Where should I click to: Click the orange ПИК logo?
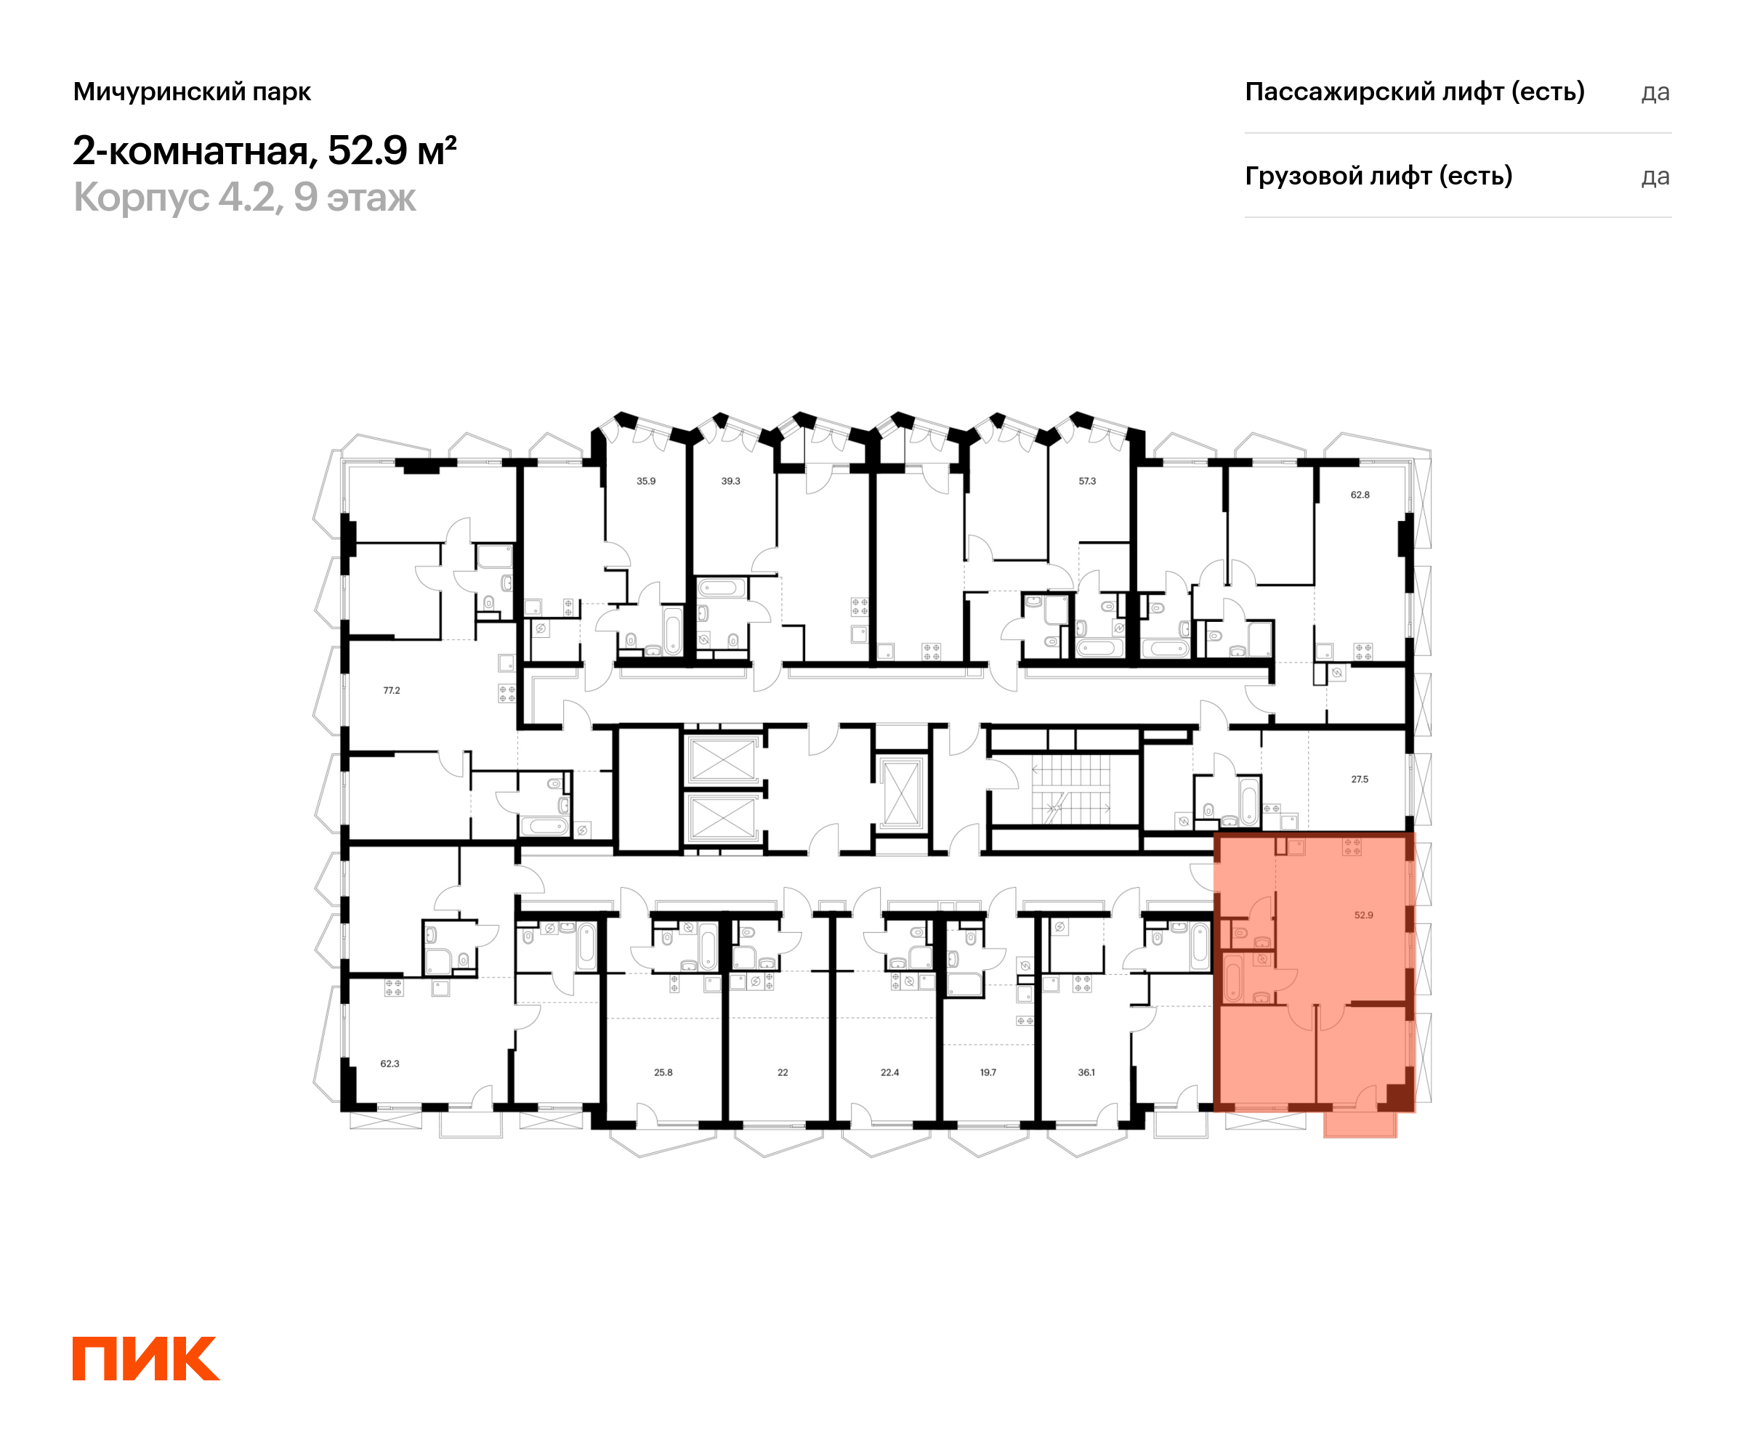coord(146,1359)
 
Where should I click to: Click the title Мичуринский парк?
coord(192,92)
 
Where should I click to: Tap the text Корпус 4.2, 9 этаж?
coord(244,198)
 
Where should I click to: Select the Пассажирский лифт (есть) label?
coord(1414,92)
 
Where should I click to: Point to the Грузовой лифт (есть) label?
coord(1378,176)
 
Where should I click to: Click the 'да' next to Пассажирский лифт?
coord(1655,93)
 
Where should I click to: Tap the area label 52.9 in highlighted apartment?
coord(1364,915)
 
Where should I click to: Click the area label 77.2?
coord(391,690)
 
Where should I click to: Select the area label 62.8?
coord(1360,495)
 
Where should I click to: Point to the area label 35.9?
coord(646,481)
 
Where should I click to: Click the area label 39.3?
coord(731,481)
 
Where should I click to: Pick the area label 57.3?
coord(1087,481)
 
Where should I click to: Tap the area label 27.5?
coord(1360,779)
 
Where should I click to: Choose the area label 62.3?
coord(389,1064)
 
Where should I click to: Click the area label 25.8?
coord(663,1073)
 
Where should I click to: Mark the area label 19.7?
coord(988,1073)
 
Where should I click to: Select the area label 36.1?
coord(1086,1073)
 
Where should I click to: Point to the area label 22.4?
coord(889,1073)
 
